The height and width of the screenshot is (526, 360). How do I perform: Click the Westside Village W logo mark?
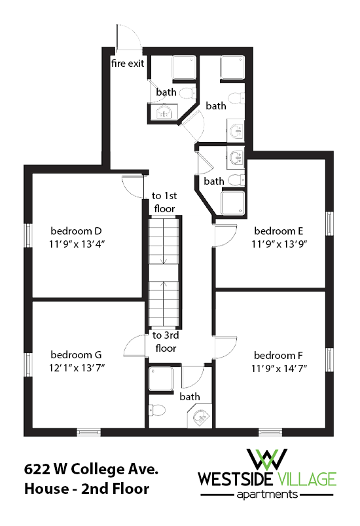click(268, 459)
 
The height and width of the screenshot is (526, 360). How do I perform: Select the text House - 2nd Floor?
click(86, 489)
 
